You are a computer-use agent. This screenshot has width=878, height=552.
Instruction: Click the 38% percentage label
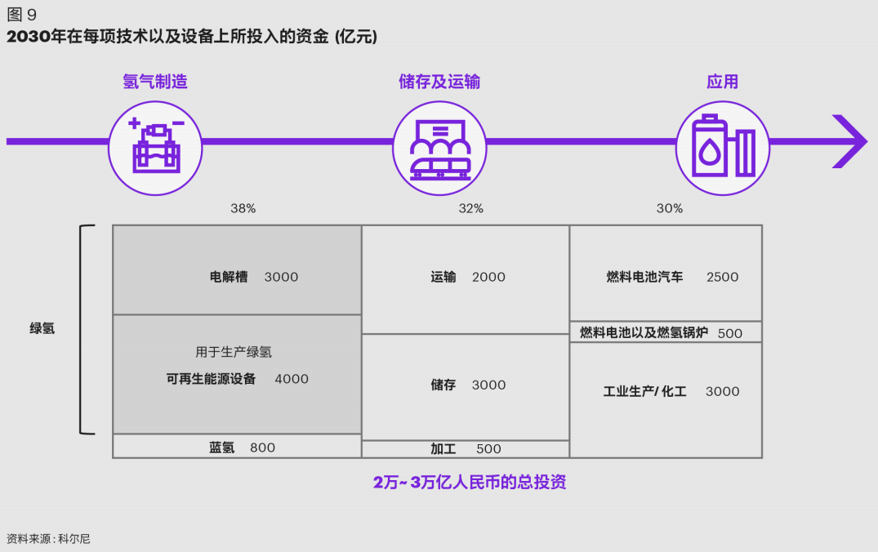click(243, 208)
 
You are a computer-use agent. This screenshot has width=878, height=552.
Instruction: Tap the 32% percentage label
click(470, 208)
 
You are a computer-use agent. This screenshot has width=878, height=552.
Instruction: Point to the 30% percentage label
click(669, 208)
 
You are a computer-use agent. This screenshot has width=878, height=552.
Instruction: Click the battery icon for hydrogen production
click(155, 147)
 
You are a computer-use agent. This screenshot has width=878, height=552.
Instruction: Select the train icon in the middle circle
click(439, 148)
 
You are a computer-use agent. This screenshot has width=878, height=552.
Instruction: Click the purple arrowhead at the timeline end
click(850, 141)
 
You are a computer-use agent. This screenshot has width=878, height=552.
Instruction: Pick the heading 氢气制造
click(155, 82)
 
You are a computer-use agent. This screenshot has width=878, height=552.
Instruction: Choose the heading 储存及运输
click(439, 82)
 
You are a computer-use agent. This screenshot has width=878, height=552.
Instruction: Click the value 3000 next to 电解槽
click(281, 277)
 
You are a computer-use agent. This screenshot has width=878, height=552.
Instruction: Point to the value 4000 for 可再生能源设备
click(292, 379)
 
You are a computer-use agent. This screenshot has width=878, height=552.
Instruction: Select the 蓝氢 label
click(221, 447)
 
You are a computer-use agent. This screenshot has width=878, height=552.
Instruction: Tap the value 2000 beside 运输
click(488, 277)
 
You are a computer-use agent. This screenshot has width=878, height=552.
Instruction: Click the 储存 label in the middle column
click(443, 385)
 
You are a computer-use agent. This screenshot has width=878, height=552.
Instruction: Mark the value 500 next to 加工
click(488, 448)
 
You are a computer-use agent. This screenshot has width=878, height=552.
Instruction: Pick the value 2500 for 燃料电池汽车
click(722, 277)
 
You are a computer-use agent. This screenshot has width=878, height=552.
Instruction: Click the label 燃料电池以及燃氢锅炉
click(644, 333)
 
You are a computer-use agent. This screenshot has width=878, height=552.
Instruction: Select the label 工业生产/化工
click(644, 391)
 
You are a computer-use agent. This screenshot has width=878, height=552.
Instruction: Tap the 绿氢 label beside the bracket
click(42, 330)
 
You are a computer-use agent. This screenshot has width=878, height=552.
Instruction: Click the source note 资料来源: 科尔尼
click(48, 538)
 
